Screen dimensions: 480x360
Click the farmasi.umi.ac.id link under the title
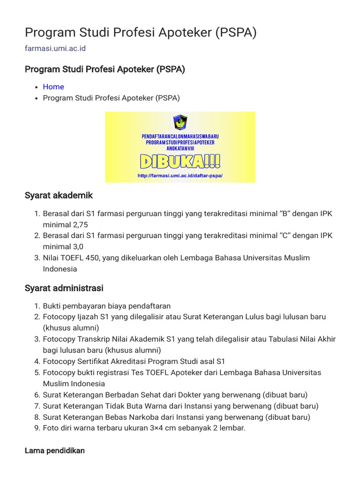55,48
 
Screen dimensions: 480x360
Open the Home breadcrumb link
53,87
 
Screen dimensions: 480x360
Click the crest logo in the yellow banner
180,122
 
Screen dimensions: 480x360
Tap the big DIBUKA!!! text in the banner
180,162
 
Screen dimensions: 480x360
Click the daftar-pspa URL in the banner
180,176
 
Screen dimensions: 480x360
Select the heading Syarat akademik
59,195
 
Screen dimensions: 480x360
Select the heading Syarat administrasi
64,288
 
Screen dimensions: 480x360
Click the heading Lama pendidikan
54,450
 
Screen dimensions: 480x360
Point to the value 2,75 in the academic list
79,225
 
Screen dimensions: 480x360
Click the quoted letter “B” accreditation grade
285,214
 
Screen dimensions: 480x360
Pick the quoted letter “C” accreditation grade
285,235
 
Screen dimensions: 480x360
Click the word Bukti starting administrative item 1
53,306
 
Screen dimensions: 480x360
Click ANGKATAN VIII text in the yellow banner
180,149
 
